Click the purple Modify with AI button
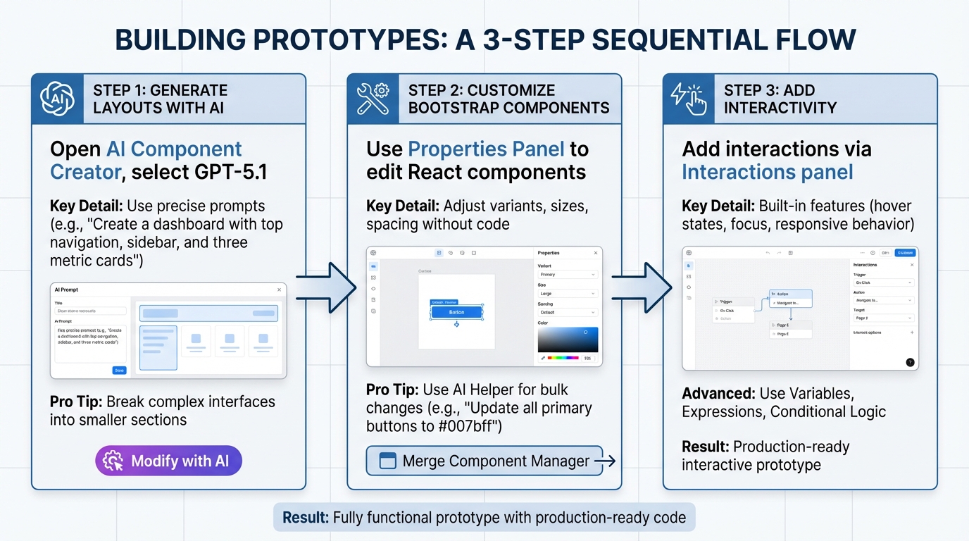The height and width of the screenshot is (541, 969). click(168, 461)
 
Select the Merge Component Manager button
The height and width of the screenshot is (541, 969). click(484, 461)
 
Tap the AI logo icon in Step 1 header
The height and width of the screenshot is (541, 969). click(58, 99)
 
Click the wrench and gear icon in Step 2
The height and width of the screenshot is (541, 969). click(373, 99)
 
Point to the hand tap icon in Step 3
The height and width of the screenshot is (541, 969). click(689, 99)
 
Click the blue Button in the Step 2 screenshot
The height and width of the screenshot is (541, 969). click(456, 312)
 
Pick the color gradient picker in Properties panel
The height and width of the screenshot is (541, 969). click(568, 340)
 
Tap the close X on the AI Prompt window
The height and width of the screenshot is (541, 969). click(279, 290)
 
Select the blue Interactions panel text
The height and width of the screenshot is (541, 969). click(767, 172)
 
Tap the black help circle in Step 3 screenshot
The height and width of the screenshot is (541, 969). click(910, 362)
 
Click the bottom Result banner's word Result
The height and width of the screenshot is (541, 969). click(305, 518)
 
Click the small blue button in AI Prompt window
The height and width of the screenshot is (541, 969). click(119, 370)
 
